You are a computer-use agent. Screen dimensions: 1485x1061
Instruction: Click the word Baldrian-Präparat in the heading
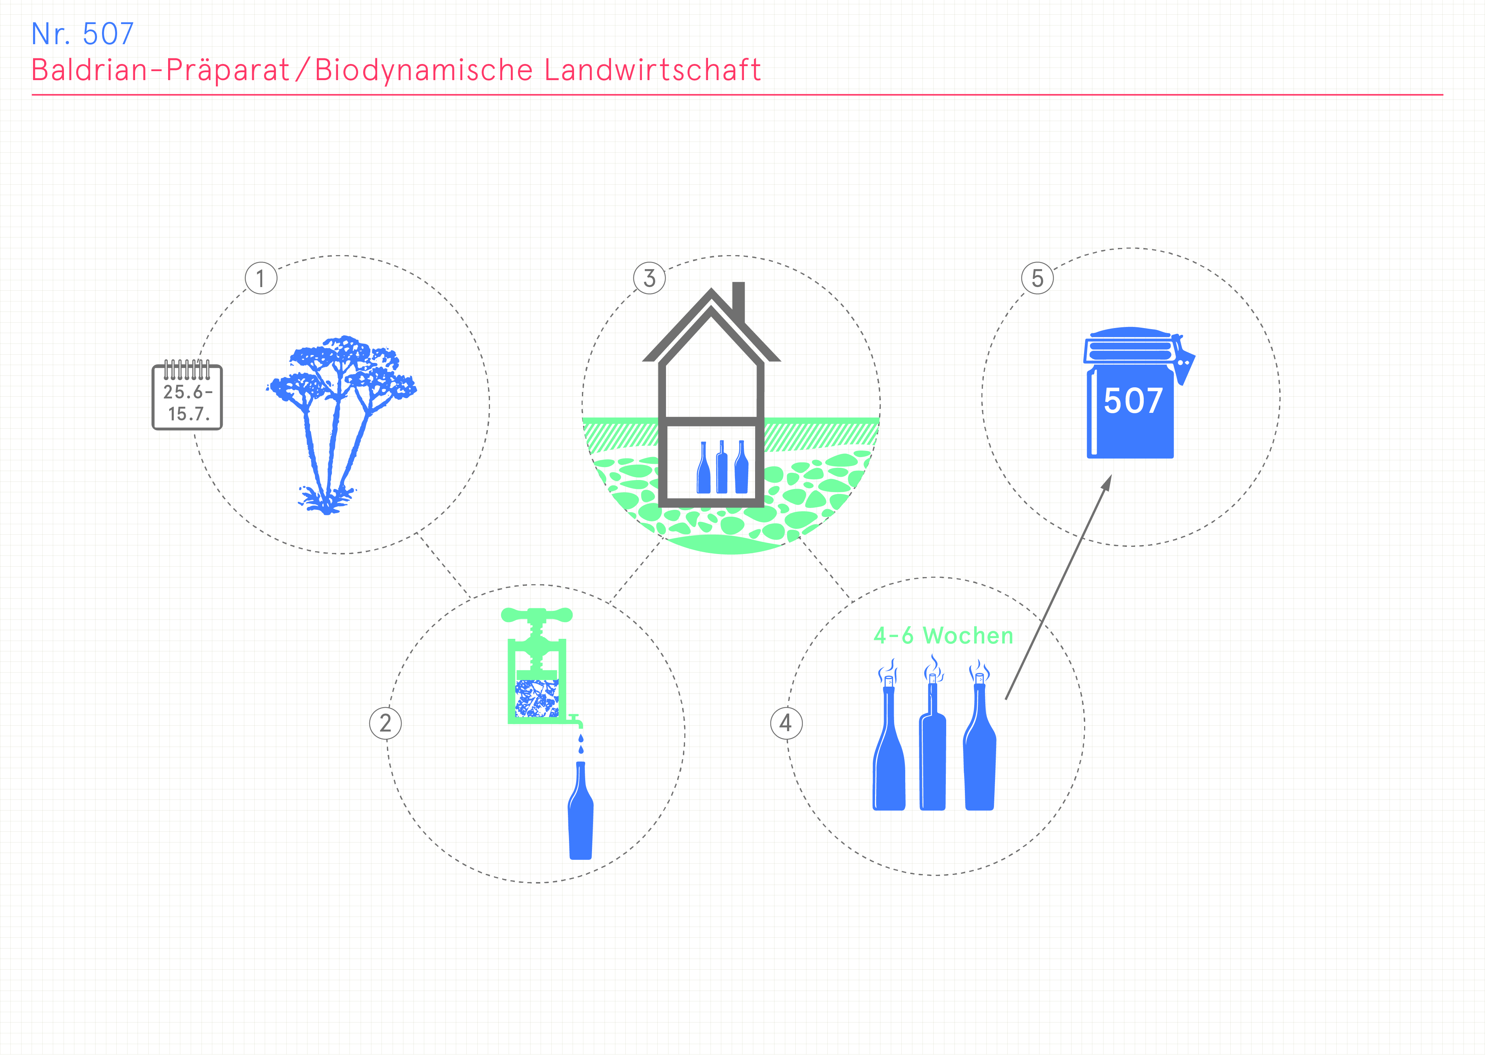[160, 70]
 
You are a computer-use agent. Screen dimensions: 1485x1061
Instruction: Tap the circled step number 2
[385, 723]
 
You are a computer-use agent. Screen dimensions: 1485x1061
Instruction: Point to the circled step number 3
[649, 278]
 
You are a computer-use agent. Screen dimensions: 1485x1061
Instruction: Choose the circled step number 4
[786, 723]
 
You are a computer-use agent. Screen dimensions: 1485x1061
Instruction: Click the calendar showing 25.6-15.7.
[188, 395]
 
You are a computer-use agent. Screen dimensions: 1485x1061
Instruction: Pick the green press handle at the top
[537, 615]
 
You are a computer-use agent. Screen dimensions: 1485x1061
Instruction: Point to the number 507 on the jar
[1133, 401]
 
